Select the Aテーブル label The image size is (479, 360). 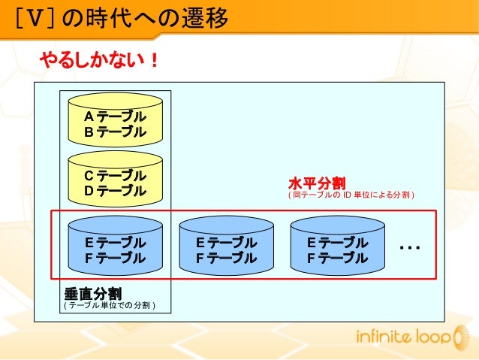(115, 117)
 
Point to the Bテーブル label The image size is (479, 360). (115, 132)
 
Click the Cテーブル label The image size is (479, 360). (115, 175)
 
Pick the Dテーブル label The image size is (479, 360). (115, 191)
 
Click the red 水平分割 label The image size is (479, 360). (316, 183)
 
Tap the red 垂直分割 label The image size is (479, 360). (94, 292)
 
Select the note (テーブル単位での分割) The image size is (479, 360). (110, 306)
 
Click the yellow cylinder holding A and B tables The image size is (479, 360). (115, 120)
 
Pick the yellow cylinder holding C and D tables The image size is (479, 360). (115, 179)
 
